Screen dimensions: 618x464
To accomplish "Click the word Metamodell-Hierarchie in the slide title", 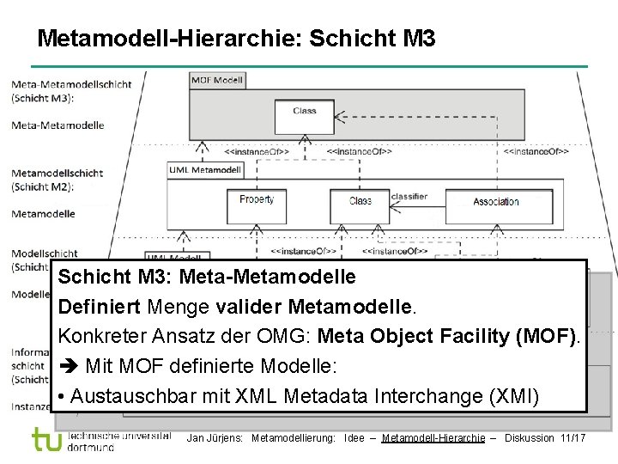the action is tap(168, 39).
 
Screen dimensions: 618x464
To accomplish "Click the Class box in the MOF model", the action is tap(305, 111).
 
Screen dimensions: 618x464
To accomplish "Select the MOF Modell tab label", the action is tap(217, 81).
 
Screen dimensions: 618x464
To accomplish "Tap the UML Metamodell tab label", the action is tap(204, 170).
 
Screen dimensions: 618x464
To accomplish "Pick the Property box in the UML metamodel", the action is tap(257, 200).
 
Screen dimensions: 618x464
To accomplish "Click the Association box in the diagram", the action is tap(496, 202).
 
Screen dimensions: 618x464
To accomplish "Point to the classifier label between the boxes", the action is tap(409, 197).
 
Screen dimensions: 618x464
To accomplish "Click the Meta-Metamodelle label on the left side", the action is tap(58, 125).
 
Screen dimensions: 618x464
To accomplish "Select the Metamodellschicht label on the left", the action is tap(57, 173).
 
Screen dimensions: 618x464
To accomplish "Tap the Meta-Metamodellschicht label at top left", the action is tap(71, 84).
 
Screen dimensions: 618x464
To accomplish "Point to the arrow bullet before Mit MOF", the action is tap(69, 367).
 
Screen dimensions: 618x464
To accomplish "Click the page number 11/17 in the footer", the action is tap(573, 438).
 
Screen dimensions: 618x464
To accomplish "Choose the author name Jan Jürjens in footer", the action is tap(215, 438).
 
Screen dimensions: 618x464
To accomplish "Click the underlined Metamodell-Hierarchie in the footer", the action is tap(433, 438).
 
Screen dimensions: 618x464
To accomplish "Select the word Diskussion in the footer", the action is tap(530, 438).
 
